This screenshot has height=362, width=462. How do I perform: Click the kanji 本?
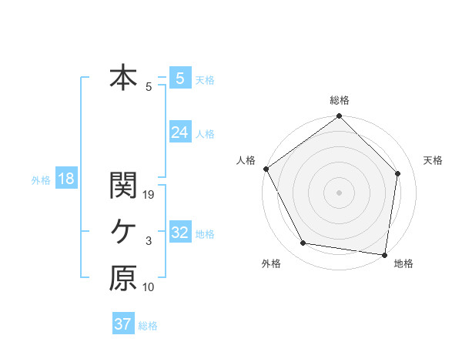tap(122, 78)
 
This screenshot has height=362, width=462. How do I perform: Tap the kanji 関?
tap(122, 185)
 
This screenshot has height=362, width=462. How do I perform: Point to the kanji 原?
tap(122, 279)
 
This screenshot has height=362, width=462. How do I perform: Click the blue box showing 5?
tap(179, 78)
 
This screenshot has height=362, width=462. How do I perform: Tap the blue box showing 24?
tap(179, 132)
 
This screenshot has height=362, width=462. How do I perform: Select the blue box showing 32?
tap(179, 233)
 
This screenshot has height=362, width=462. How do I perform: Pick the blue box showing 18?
tap(65, 179)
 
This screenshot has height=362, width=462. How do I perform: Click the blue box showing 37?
tap(122, 324)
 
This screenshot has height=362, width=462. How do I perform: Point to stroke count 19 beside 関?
tap(149, 195)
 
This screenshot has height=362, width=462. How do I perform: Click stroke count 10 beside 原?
tap(149, 287)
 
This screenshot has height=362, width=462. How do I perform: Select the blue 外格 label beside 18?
tap(41, 180)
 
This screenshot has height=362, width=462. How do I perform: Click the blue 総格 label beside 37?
tap(148, 326)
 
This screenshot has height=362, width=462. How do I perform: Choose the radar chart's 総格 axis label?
tap(339, 100)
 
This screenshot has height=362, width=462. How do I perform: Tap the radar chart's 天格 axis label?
tap(433, 160)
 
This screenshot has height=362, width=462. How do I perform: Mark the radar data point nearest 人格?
tap(266, 169)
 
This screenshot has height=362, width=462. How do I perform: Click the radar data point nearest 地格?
tap(384, 254)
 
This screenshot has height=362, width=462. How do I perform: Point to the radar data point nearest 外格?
tap(303, 243)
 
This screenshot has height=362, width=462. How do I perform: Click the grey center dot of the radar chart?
tap(339, 192)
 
